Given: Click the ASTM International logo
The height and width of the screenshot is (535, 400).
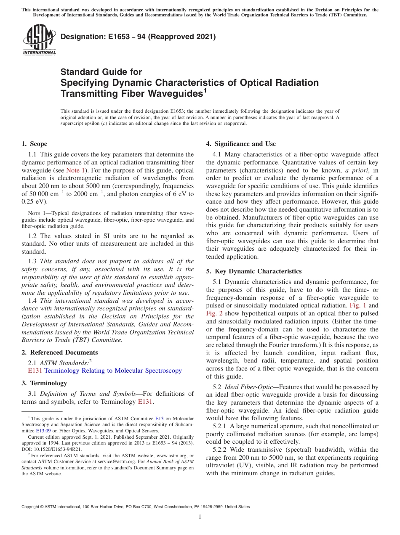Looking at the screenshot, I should coord(39,40).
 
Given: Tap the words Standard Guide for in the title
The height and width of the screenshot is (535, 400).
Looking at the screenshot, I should coord(101,72).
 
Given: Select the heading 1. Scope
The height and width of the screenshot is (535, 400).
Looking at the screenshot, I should coord(35,144).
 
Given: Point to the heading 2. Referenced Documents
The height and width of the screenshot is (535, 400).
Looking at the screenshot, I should coord(60,352).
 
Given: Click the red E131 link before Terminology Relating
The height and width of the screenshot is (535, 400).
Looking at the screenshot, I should coord(35,371).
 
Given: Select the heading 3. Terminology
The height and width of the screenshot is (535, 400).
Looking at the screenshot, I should coord(44,383).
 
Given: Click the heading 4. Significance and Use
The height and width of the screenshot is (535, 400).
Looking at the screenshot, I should coord(241,144).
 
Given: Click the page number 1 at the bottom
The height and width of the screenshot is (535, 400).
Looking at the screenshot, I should coord(200,517).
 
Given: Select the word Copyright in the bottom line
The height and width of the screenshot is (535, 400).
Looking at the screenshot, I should coord(32,507).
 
